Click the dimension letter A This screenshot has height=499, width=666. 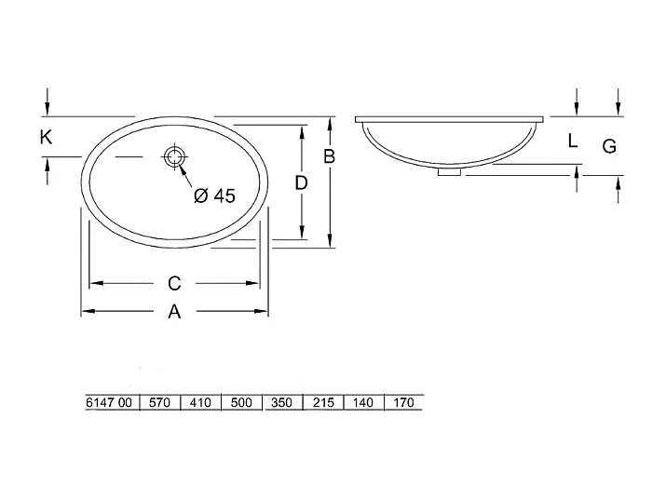[173, 313]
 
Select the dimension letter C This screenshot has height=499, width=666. [173, 282]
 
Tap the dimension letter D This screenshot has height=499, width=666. [301, 183]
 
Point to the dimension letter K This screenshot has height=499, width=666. [46, 138]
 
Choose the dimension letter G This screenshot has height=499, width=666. [608, 145]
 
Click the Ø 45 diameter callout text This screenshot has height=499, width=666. [214, 196]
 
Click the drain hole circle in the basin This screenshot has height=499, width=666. [173, 157]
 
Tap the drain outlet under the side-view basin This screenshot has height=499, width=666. [449, 170]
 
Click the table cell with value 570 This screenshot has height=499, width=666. [159, 403]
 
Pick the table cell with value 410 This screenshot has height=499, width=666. [200, 403]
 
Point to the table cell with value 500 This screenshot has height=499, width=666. [241, 403]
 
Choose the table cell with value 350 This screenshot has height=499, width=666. [282, 403]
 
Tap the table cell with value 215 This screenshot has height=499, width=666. [323, 403]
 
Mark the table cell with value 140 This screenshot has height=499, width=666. [363, 403]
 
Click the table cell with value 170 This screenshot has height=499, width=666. [402, 403]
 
